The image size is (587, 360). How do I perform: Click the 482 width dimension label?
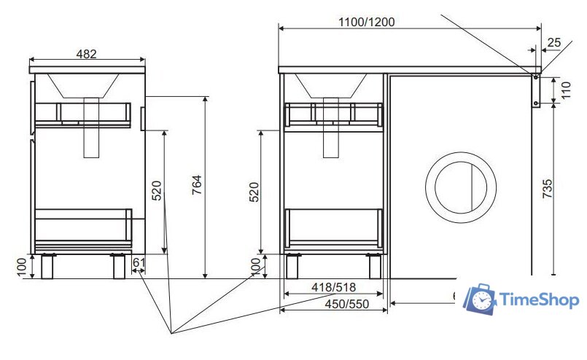click(87, 54)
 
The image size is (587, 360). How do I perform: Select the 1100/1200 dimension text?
click(366, 22)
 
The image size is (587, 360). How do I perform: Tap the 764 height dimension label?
click(197, 184)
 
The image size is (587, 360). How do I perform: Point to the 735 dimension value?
click(548, 189)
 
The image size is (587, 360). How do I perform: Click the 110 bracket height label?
click(566, 90)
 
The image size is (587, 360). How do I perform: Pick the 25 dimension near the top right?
click(554, 43)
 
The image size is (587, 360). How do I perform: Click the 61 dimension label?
click(139, 262)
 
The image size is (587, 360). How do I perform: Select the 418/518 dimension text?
click(333, 287)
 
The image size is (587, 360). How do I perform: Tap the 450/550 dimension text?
click(347, 304)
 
